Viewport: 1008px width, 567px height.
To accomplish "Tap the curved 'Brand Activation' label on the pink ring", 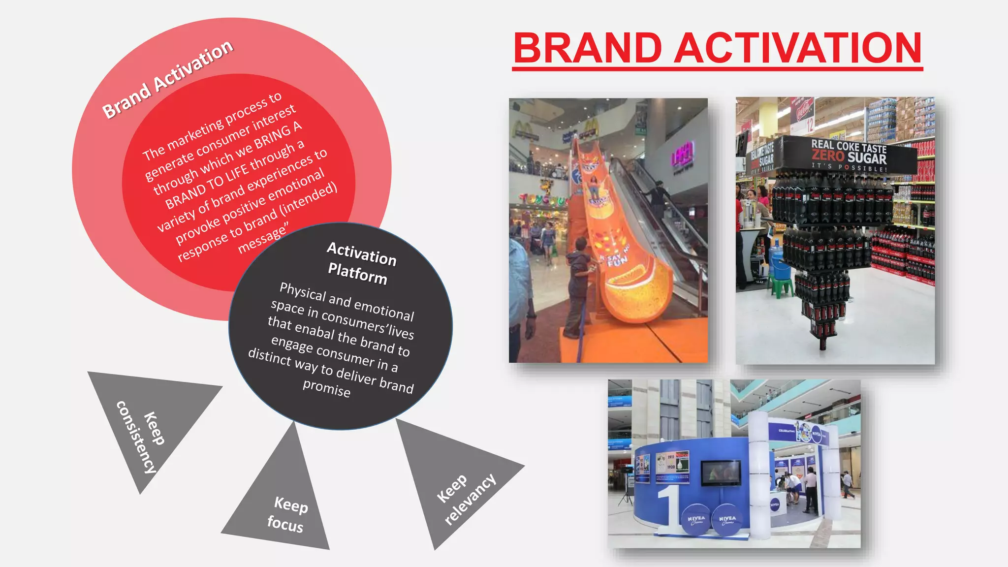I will (x=168, y=79).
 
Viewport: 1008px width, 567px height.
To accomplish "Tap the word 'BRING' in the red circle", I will (x=273, y=135).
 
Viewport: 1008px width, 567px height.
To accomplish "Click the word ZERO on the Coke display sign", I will (x=828, y=156).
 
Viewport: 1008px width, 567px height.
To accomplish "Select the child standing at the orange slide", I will (x=577, y=285).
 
